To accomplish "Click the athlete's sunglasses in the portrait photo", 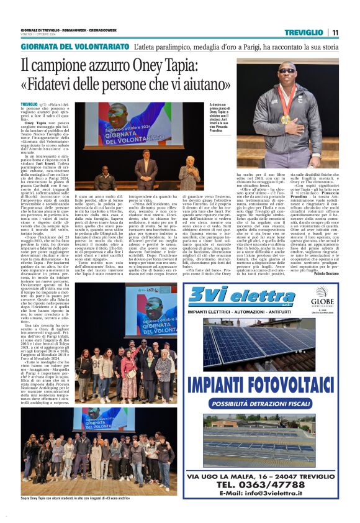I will tap(287, 71).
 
